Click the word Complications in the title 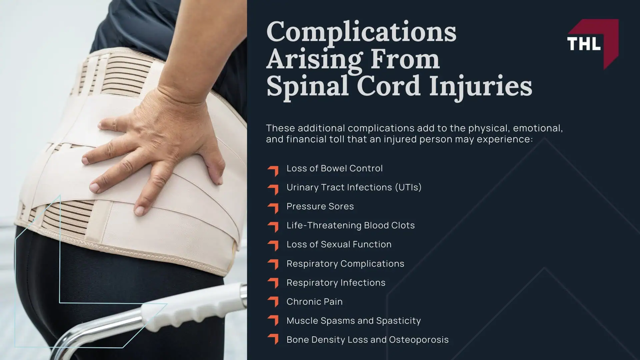point(361,32)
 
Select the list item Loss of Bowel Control point(334,168)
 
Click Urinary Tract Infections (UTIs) point(354,187)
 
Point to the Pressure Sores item point(320,206)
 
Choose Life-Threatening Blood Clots point(351,225)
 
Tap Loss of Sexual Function point(339,244)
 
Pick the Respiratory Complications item point(345,264)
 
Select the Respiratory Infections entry point(336,283)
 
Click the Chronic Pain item point(314,302)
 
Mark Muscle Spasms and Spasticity point(354,321)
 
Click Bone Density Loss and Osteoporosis point(367,340)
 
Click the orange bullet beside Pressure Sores point(273,207)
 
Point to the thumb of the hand point(213,167)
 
